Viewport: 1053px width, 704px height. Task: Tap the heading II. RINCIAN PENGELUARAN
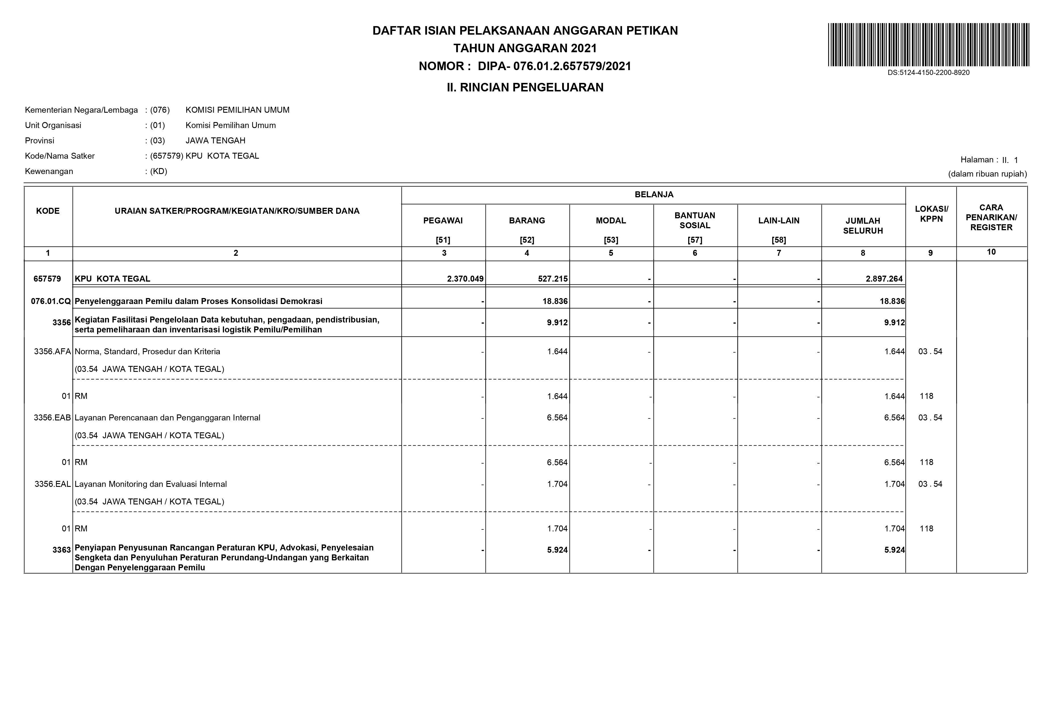525,87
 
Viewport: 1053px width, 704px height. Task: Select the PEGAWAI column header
443,221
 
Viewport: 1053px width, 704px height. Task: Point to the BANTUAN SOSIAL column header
695,221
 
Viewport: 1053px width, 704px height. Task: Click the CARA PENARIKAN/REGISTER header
991,217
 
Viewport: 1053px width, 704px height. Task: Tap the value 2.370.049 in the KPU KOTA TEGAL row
465,279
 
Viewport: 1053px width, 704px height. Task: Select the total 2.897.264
884,279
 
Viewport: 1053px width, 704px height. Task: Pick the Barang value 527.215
553,279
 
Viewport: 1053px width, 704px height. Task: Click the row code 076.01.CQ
50,301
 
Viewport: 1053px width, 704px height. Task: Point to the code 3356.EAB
52,418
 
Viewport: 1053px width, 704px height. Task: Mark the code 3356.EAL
53,484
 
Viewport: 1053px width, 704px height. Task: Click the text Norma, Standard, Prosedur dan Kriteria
147,351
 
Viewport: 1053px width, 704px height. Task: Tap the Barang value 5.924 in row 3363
557,550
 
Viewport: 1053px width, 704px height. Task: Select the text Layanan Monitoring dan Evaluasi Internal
150,484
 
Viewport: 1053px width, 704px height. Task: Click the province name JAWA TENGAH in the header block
215,141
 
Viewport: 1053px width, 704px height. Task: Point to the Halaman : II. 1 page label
989,160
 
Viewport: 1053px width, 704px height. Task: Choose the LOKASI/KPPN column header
931,214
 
